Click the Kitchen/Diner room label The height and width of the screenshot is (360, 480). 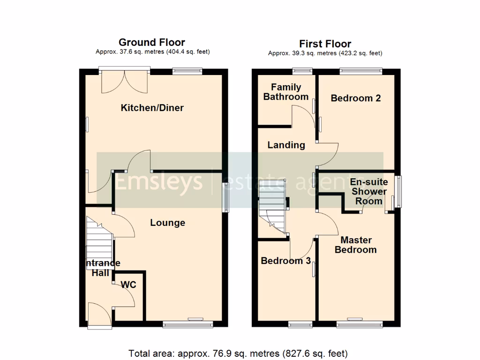152,108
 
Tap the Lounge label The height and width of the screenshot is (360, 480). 167,223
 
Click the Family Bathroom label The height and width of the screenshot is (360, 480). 286,92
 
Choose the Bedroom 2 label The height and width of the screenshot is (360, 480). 356,98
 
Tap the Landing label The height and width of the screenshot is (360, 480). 286,145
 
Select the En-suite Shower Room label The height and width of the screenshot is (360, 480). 369,191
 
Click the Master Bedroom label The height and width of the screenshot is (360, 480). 355,244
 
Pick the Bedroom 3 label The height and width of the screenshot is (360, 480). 285,261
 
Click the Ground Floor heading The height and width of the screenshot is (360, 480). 152,43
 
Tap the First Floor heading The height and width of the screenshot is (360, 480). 325,44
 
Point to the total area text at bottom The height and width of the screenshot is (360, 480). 238,353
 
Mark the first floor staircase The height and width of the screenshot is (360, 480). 272,206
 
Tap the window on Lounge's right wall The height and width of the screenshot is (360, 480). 225,198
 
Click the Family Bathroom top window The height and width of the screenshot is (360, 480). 302,71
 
